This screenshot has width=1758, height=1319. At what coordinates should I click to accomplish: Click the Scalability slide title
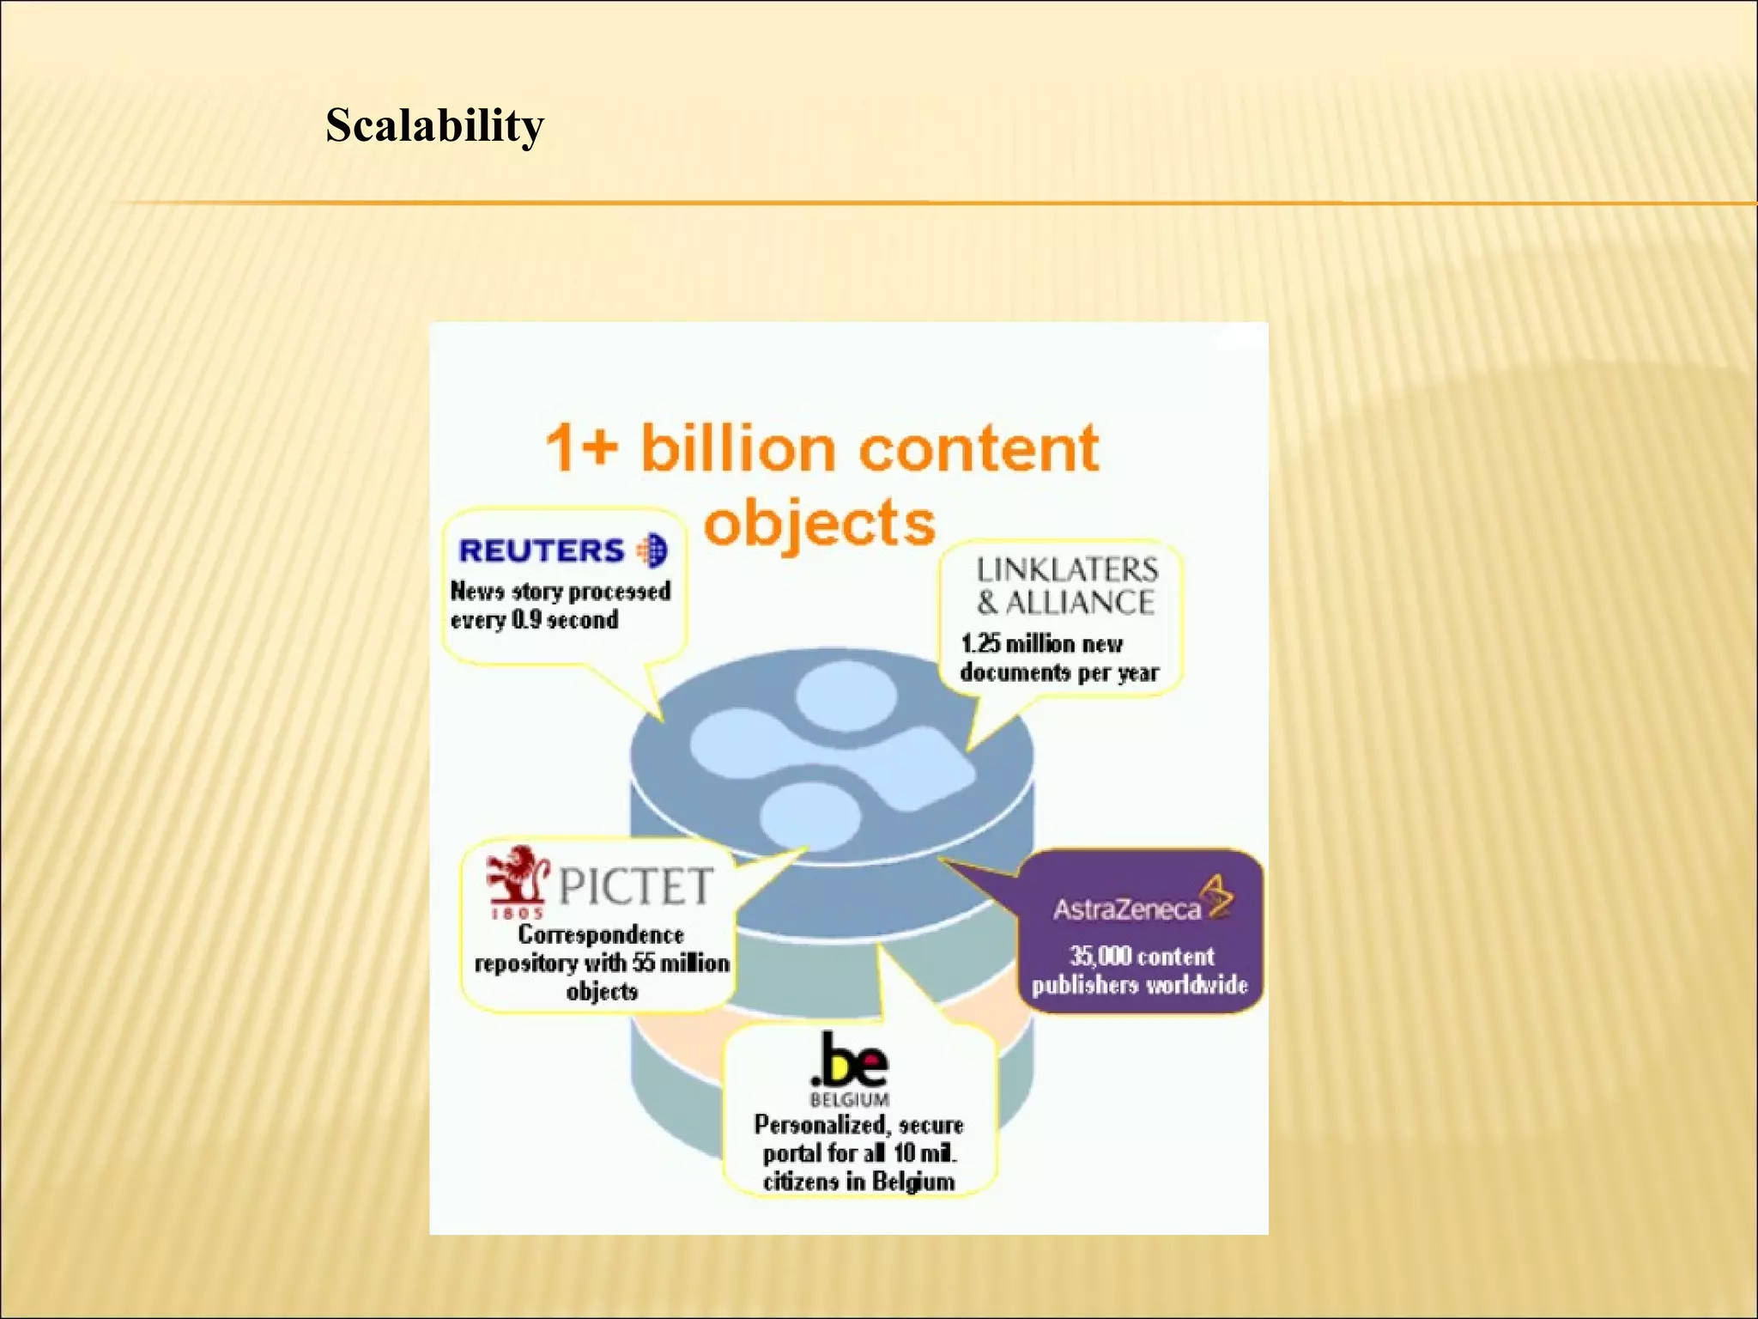434,125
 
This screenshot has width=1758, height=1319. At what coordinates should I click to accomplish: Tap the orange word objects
819,522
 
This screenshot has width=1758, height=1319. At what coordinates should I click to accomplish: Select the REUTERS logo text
541,550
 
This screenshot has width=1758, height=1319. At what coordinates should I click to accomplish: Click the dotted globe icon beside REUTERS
652,550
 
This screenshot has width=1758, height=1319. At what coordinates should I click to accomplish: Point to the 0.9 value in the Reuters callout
525,620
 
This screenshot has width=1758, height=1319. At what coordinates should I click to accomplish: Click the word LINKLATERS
1067,569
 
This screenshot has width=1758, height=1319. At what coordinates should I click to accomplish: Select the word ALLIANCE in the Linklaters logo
1080,603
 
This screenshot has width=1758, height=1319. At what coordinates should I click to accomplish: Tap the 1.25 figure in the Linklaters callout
979,643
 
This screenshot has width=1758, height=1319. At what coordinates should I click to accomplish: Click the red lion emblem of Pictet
515,876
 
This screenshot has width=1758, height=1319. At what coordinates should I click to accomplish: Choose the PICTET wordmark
636,886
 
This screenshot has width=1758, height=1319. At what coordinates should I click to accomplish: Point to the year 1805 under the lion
516,915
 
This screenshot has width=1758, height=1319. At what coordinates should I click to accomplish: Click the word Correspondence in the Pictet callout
601,934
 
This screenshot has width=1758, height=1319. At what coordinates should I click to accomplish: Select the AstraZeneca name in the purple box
1127,909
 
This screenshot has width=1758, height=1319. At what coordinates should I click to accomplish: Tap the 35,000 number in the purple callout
1099,956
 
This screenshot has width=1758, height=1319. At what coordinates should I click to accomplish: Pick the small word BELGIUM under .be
850,1099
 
